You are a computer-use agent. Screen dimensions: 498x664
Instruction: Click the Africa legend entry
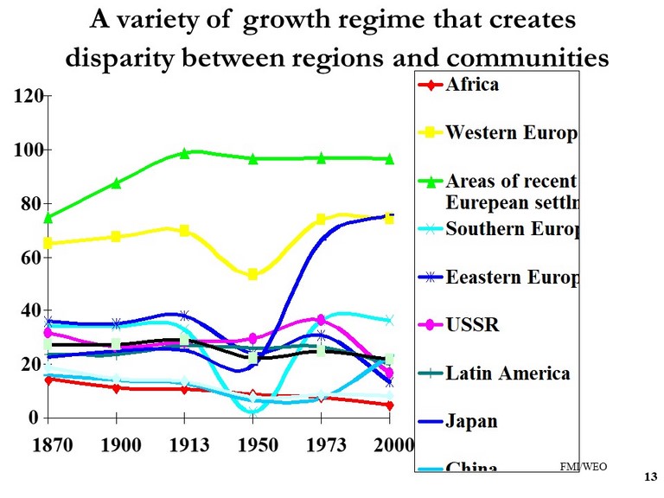(x=471, y=85)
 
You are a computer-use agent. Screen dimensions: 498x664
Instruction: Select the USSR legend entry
(x=472, y=325)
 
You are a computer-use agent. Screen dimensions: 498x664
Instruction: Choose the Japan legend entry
(x=472, y=422)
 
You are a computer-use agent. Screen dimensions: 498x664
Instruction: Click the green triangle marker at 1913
(x=184, y=153)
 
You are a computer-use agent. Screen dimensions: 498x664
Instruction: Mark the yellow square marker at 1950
(x=252, y=274)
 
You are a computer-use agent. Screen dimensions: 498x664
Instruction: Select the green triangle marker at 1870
(x=49, y=217)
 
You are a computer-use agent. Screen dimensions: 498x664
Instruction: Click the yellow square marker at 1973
(x=321, y=220)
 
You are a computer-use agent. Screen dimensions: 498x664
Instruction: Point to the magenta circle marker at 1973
(x=321, y=320)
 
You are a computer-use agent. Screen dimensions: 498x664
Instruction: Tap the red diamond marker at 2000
(x=390, y=405)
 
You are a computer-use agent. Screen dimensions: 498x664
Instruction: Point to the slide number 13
(x=651, y=477)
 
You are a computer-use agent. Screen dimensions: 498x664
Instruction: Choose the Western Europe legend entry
(x=511, y=133)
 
